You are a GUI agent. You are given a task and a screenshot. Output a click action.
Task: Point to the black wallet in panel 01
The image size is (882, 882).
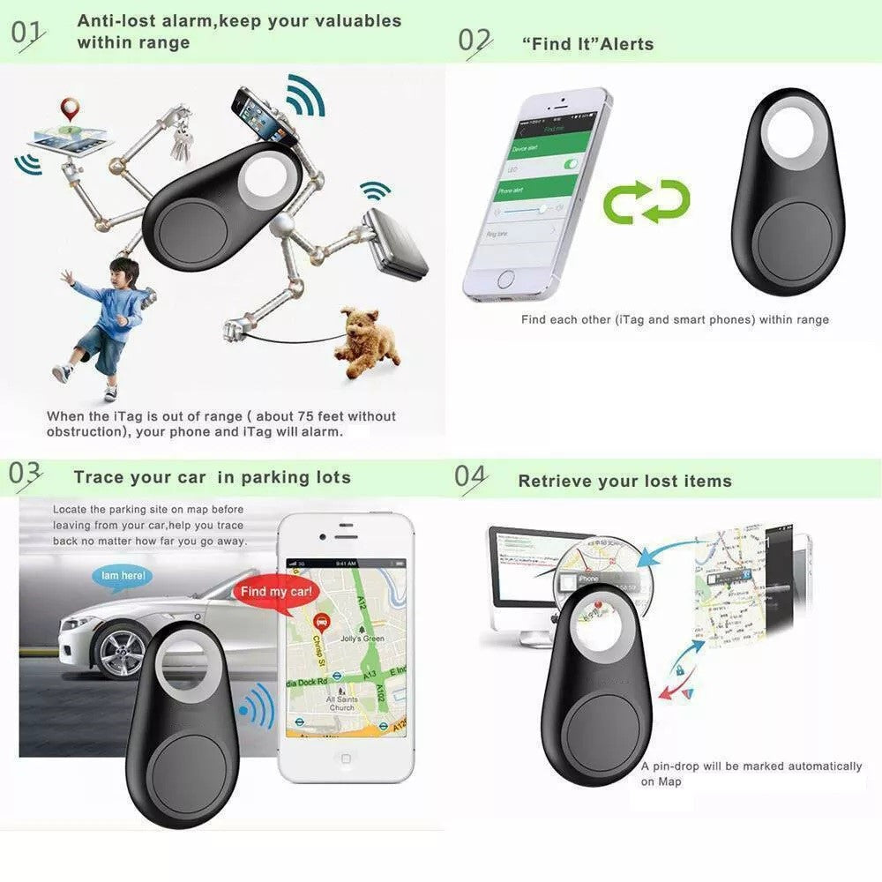point(395,243)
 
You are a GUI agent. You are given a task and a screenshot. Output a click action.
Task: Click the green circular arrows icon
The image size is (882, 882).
point(646,201)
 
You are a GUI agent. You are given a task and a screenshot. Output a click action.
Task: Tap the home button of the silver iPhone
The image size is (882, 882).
point(505,279)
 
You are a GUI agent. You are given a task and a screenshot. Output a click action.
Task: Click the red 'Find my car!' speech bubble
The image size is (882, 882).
point(276,592)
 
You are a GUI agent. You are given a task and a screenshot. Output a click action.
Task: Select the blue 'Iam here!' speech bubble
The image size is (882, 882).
point(123,576)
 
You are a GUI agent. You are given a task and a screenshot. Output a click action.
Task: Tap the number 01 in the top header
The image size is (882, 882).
point(27,33)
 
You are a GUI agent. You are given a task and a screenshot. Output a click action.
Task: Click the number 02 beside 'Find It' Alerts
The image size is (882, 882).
point(475,41)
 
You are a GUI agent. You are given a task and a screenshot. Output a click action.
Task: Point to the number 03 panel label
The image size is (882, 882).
point(25,475)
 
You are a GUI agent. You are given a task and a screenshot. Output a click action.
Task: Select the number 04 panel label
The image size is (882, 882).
point(471,477)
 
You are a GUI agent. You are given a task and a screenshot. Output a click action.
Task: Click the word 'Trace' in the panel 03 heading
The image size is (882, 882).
point(98,478)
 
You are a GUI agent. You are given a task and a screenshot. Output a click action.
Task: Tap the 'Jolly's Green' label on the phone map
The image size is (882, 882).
point(361,638)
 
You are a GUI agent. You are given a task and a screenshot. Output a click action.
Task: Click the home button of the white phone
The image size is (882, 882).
point(346,759)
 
